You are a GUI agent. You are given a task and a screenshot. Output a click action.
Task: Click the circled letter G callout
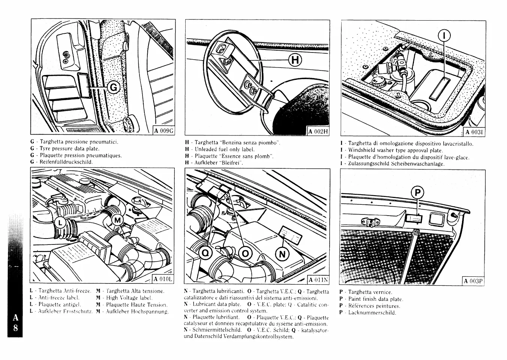click(x=113, y=87)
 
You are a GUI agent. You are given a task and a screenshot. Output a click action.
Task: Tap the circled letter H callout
click(x=295, y=60)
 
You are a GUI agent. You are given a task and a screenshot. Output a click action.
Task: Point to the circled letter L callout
click(x=60, y=223)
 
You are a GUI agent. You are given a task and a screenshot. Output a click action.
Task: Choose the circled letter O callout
click(x=245, y=254)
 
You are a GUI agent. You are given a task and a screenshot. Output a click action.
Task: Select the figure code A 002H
click(x=318, y=131)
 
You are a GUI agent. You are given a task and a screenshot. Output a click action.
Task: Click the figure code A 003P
click(x=474, y=281)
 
